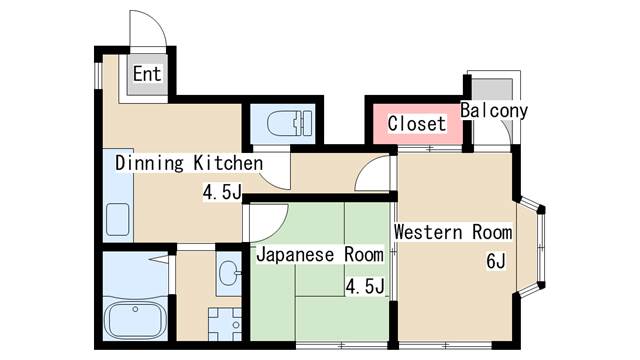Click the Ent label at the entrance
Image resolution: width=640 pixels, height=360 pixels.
147,74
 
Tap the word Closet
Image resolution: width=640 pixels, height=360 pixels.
416,124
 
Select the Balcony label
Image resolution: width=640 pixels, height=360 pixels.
494,111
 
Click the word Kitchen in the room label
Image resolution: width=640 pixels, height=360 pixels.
228,163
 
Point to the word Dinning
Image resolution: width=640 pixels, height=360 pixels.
149,164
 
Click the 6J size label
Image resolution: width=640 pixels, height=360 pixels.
496,261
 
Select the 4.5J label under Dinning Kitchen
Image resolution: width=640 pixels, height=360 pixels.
222,192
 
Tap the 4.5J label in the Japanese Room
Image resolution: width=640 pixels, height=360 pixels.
365,286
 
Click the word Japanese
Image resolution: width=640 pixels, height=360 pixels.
295,256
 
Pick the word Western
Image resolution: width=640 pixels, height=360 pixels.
428,232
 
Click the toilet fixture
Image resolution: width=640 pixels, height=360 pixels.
290,123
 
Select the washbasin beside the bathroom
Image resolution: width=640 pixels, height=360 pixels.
229,273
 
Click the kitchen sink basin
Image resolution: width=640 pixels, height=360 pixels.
118,220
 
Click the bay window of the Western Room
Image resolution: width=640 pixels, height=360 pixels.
531,247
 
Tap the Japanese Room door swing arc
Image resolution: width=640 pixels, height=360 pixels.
274,230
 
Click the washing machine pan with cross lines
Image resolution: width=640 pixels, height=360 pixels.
224,324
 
